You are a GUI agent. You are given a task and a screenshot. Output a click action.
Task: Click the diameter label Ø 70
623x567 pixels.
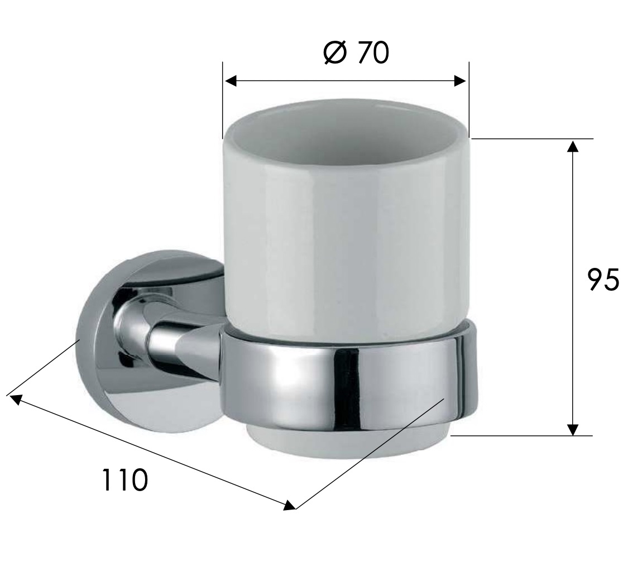point(356,53)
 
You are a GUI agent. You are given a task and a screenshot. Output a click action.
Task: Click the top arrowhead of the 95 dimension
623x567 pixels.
point(572,146)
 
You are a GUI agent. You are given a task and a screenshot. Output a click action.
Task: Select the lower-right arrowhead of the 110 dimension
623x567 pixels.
point(289,506)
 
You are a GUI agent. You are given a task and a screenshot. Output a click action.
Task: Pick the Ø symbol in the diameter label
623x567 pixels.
point(335,53)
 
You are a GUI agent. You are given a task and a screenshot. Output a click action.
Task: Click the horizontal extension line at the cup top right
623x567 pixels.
point(530,138)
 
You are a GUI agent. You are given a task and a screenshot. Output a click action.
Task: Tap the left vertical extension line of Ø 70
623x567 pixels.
point(223,100)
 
